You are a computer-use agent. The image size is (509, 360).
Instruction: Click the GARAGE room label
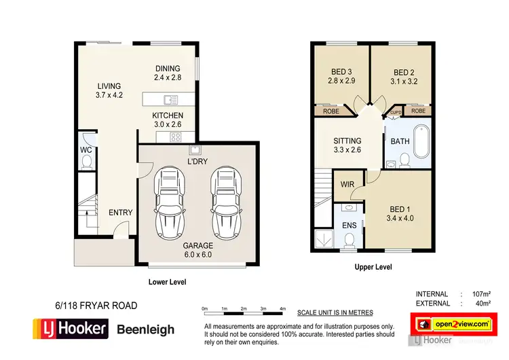[197, 245]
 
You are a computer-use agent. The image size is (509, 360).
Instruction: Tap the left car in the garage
[169, 200]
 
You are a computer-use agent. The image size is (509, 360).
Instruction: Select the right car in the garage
[225, 200]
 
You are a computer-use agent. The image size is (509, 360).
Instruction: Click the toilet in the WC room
[86, 161]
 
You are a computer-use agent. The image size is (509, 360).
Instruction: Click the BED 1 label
[399, 209]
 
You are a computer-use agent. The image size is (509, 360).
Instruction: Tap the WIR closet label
[347, 184]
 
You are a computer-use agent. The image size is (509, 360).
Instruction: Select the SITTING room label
[347, 141]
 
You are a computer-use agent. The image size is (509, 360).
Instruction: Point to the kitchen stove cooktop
[174, 137]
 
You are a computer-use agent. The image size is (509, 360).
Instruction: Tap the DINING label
[167, 69]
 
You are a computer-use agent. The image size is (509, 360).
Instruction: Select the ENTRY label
[121, 213]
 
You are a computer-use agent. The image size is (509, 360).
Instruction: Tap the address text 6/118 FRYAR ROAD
[96, 306]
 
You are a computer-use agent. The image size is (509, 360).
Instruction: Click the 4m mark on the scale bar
[283, 309]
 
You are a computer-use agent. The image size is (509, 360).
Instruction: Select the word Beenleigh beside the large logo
[146, 329]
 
